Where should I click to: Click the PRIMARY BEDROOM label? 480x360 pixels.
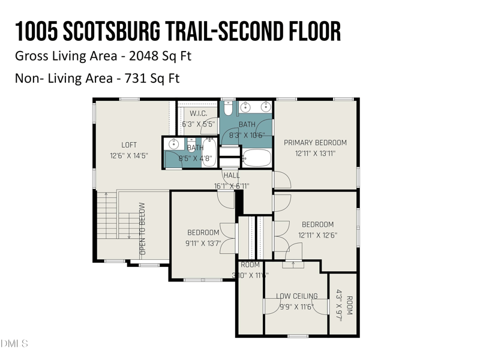click(315, 142)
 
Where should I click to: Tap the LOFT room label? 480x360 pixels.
click(129, 145)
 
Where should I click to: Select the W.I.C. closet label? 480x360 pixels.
click(199, 113)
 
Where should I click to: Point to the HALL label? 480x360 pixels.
click(232, 175)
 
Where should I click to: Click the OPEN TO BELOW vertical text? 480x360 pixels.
click(143, 229)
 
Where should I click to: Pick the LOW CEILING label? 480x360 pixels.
click(296, 296)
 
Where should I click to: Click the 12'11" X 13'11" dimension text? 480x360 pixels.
click(315, 154)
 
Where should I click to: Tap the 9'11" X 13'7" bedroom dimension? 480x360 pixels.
click(203, 243)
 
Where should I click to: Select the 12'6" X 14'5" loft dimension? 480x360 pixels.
click(129, 155)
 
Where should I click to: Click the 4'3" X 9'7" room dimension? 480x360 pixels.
click(340, 306)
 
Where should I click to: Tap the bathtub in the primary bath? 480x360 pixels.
click(257, 158)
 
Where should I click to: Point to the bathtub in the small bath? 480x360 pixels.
click(210, 152)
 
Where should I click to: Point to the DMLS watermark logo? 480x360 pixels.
click(14, 344)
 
